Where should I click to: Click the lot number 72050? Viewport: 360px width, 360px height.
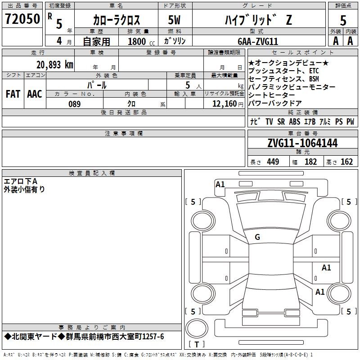coord(22,19)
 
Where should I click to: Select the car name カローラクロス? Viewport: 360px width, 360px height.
coord(117,20)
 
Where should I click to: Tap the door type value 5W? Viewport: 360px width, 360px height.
coord(174,20)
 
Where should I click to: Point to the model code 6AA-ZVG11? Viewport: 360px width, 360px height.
coord(258,41)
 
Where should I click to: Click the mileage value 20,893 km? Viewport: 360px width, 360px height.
coord(55,65)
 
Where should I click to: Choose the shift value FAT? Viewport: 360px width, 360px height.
coord(13,94)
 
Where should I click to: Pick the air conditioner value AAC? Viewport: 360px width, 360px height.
coord(35,94)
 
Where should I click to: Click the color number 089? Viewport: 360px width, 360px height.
coord(74,104)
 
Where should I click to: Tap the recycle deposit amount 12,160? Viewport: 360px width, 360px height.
coord(225,104)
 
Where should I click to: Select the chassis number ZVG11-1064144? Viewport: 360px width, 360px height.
coord(302,143)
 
